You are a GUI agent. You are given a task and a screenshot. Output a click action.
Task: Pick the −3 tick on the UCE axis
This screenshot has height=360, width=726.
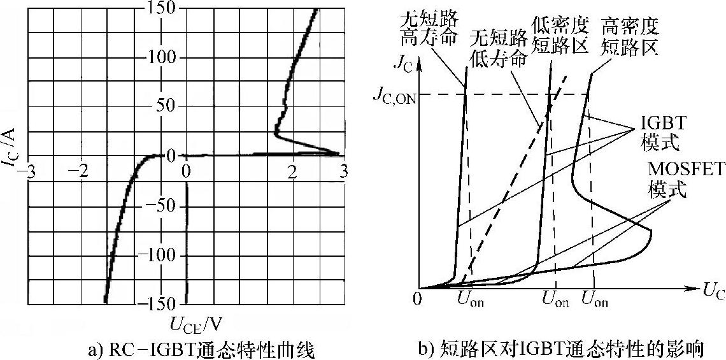(x=28, y=170)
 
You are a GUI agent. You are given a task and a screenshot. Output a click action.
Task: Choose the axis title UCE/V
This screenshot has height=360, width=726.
(x=196, y=324)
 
